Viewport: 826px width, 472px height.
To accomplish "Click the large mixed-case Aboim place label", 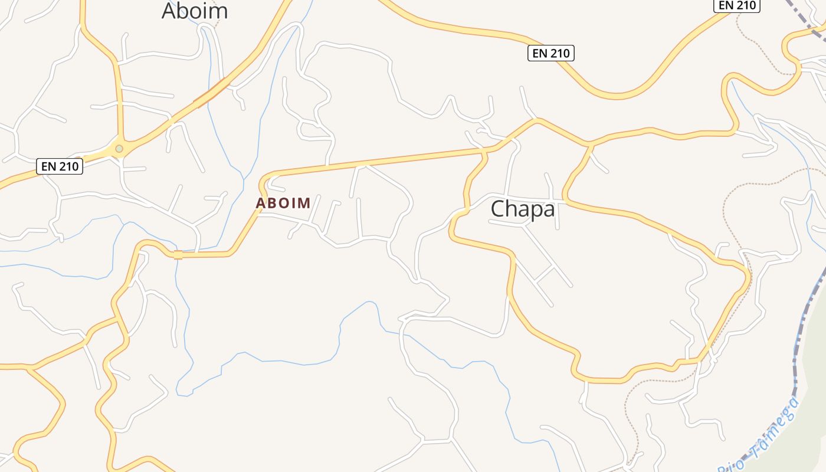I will [194, 11].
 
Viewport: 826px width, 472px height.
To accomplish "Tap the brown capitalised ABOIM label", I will [283, 204].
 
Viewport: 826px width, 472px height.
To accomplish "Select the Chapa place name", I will [523, 209].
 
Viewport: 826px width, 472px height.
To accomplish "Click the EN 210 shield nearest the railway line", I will [737, 5].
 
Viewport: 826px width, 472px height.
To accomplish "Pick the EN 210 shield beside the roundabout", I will [60, 166].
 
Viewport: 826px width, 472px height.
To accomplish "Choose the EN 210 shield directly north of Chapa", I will [550, 53].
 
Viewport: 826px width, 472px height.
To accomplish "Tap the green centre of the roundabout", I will [119, 149].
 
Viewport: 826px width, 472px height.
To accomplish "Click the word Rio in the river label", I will [730, 465].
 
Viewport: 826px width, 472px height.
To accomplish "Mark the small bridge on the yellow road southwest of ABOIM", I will [178, 255].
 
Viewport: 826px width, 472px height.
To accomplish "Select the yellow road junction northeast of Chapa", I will [589, 143].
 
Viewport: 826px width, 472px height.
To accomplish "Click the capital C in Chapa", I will [499, 209].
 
